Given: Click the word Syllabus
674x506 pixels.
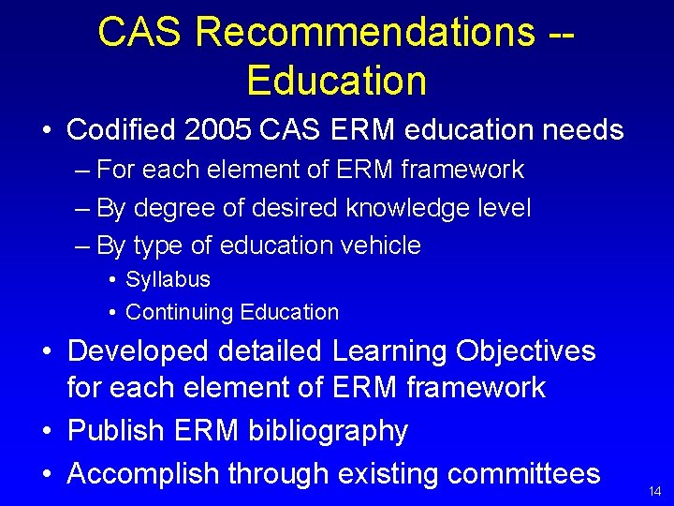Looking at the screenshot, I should point(168,279).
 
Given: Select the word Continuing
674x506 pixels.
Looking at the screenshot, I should point(180,312).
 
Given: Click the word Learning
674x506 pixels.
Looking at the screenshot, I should point(388,351).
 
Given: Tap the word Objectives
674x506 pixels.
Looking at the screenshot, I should point(526,351).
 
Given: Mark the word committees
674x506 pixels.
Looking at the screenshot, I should point(523,474).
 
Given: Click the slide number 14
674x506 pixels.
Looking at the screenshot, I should point(653,491).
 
